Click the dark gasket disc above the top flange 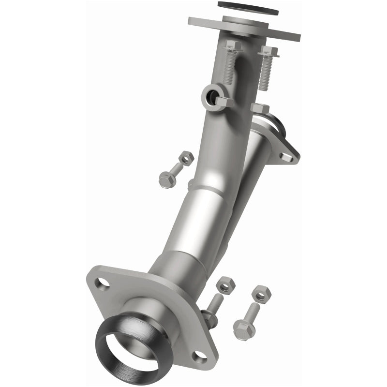pyautogui.click(x=248, y=8)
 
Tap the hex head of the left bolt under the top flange pyautogui.click(x=233, y=46)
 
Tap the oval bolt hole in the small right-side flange pyautogui.click(x=287, y=156)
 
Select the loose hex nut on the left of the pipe pyautogui.click(x=185, y=158)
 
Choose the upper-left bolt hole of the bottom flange pyautogui.click(x=103, y=284)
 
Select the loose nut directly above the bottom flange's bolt pyautogui.click(x=224, y=285)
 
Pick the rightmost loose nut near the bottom pyautogui.click(x=261, y=294)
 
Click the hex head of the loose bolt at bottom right pyautogui.click(x=244, y=329)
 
